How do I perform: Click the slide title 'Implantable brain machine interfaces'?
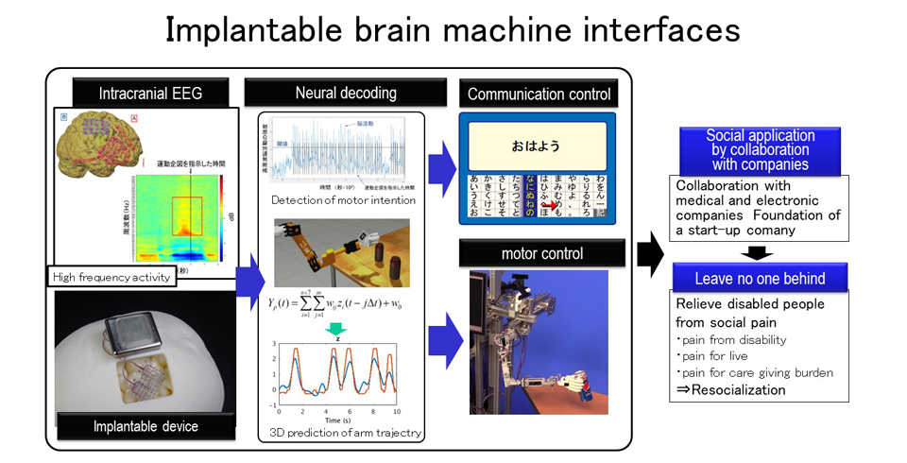pyautogui.click(x=453, y=30)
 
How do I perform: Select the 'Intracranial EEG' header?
pyautogui.click(x=150, y=93)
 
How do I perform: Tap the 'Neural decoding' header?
pyautogui.click(x=345, y=93)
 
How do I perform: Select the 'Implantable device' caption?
pyautogui.click(x=145, y=426)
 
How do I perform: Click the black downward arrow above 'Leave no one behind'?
pyautogui.click(x=760, y=251)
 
